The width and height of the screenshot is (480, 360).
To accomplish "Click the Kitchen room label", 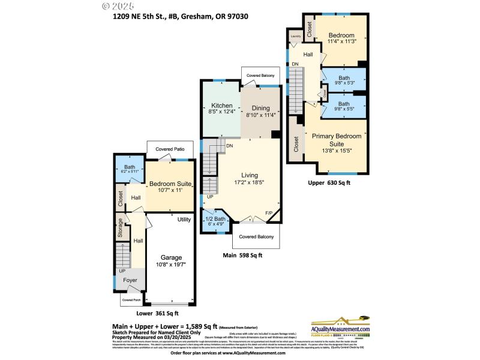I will coord(221,105).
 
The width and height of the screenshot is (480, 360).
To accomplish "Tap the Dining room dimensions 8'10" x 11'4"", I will coord(260,115).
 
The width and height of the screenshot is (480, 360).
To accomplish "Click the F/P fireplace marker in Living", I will coord(268,213).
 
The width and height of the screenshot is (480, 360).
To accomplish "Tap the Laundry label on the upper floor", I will coord(295,37).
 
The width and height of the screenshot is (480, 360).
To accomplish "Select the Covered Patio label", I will coord(170,149).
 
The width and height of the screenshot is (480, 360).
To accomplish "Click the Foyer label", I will coord(130,280).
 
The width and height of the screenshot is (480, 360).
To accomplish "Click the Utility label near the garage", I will coord(184,220).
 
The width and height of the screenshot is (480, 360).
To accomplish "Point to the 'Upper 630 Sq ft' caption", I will coord(329,182).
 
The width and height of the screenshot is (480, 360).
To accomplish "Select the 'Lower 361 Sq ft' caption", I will coord(157,313).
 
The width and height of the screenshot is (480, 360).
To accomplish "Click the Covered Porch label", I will coord(131,299).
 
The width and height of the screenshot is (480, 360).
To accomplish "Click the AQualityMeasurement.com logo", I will coord(340,329).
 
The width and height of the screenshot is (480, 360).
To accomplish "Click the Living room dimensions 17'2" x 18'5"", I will coord(248,181).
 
